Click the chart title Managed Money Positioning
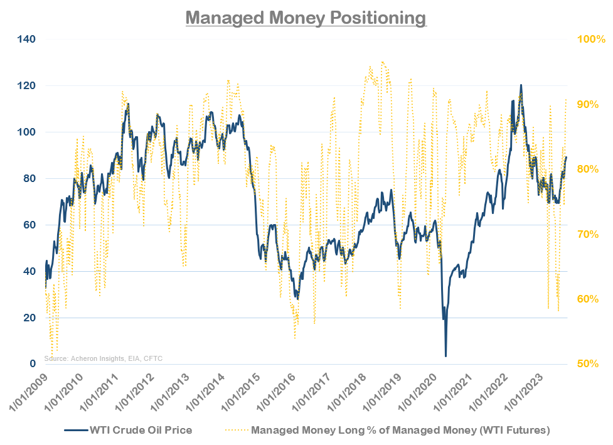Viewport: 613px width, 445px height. pyautogui.click(x=306, y=17)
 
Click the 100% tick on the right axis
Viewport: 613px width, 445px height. pyautogui.click(x=590, y=39)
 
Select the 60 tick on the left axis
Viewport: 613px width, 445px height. pyautogui.click(x=29, y=225)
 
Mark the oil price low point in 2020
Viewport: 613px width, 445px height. pyautogui.click(x=445, y=356)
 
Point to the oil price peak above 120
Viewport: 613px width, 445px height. pyautogui.click(x=521, y=85)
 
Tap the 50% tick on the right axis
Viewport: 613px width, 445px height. pyautogui.click(x=590, y=364)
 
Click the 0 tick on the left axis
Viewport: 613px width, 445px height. pyautogui.click(x=32, y=364)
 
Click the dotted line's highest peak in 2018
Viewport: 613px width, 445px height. pyautogui.click(x=382, y=62)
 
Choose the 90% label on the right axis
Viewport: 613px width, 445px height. pyautogui.click(x=590, y=104)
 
